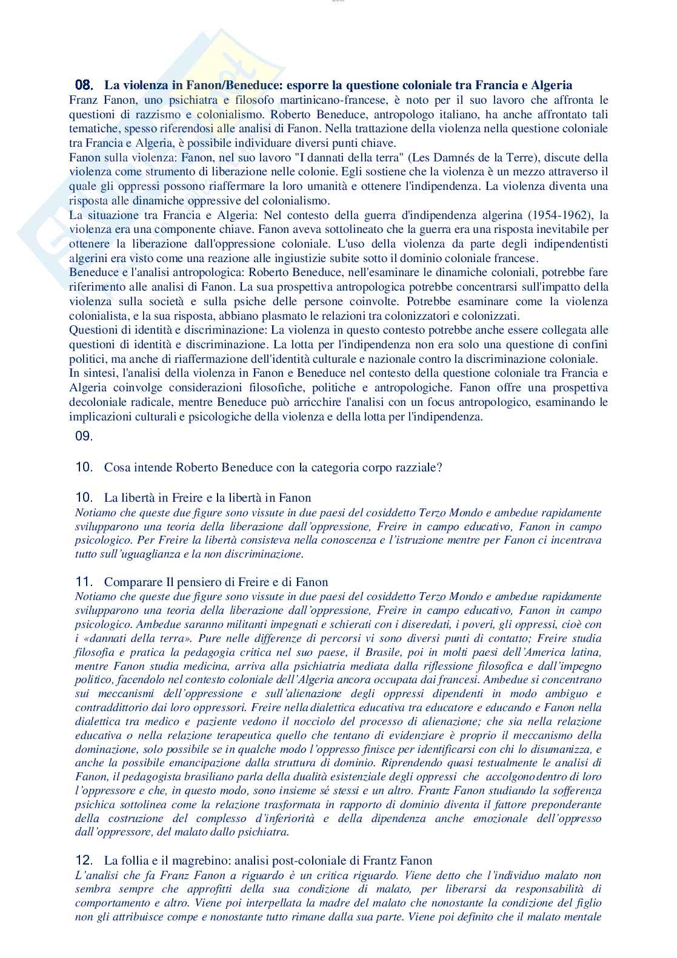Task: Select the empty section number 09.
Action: (84, 436)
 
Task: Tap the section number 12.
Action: (84, 860)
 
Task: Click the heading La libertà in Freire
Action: (207, 498)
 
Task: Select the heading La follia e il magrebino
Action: (268, 860)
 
